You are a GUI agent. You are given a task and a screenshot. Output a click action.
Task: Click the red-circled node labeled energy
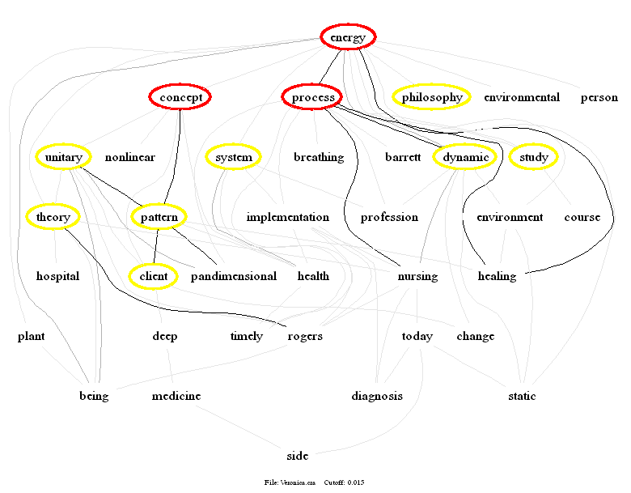coord(348,37)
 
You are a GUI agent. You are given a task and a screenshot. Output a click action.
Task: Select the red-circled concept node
coord(180,97)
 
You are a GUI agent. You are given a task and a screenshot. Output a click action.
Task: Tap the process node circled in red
coord(313,97)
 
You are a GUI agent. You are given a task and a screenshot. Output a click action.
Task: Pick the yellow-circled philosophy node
coord(432,97)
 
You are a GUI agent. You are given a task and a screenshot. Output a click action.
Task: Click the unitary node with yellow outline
coord(64,157)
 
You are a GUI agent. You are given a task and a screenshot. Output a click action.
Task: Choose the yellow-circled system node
coord(233,157)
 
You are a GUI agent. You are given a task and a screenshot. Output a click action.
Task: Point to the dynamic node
coord(465,157)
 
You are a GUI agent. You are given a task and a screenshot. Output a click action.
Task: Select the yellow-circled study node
coord(534,157)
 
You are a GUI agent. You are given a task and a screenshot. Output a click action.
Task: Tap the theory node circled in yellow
coord(53,216)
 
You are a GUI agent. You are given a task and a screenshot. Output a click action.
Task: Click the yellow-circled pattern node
coord(158,217)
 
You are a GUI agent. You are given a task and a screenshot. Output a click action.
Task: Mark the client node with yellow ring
coord(153,276)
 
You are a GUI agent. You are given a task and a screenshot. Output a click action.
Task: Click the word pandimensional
coord(233,276)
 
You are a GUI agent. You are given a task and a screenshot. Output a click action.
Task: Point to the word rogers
coord(305,336)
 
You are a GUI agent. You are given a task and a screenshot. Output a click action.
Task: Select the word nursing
coord(417,276)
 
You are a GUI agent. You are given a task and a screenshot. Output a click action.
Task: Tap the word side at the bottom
coord(298,455)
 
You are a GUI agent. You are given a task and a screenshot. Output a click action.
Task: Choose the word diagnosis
coord(377,396)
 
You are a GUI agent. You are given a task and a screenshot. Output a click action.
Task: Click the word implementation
coord(287,217)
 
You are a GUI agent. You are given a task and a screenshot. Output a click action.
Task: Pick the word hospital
coord(57,276)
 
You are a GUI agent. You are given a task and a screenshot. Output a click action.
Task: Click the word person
coord(599,97)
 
